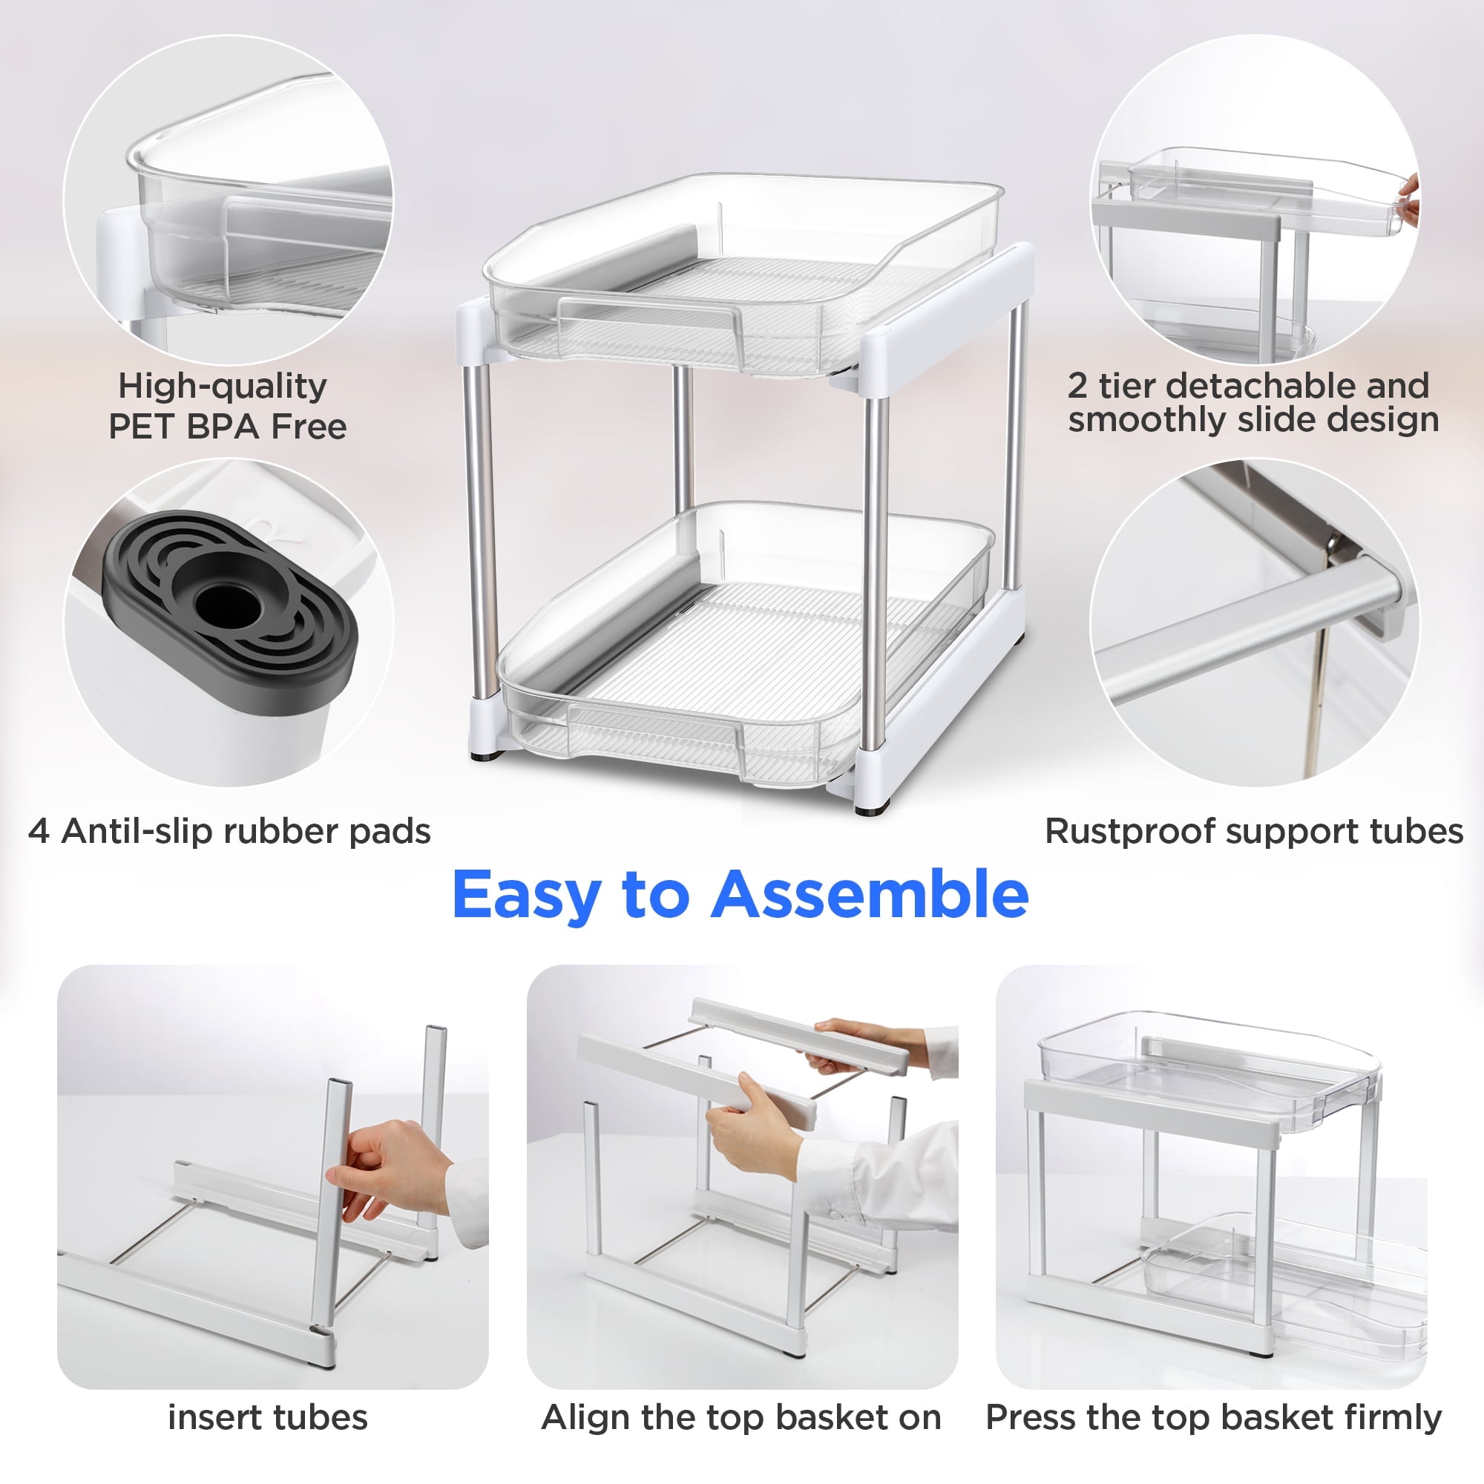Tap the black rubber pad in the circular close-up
pos(231,607)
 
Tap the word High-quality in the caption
pos(222,387)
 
